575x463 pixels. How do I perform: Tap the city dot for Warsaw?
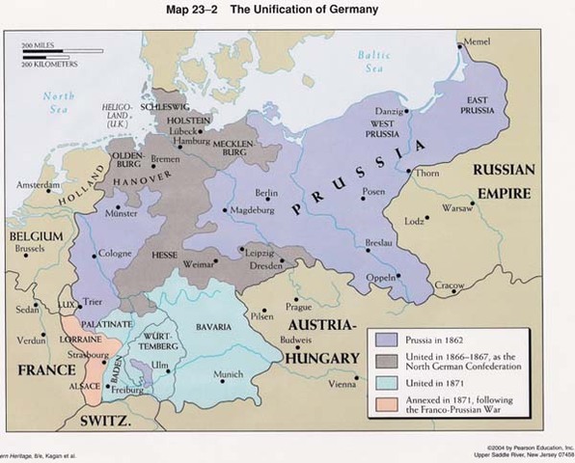click(475, 205)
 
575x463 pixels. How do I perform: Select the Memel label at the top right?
click(477, 42)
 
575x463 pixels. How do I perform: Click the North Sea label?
click(58, 101)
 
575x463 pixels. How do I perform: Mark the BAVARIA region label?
click(213, 327)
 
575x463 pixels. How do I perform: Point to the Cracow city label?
click(450, 286)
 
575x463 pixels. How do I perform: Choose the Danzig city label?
click(387, 112)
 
